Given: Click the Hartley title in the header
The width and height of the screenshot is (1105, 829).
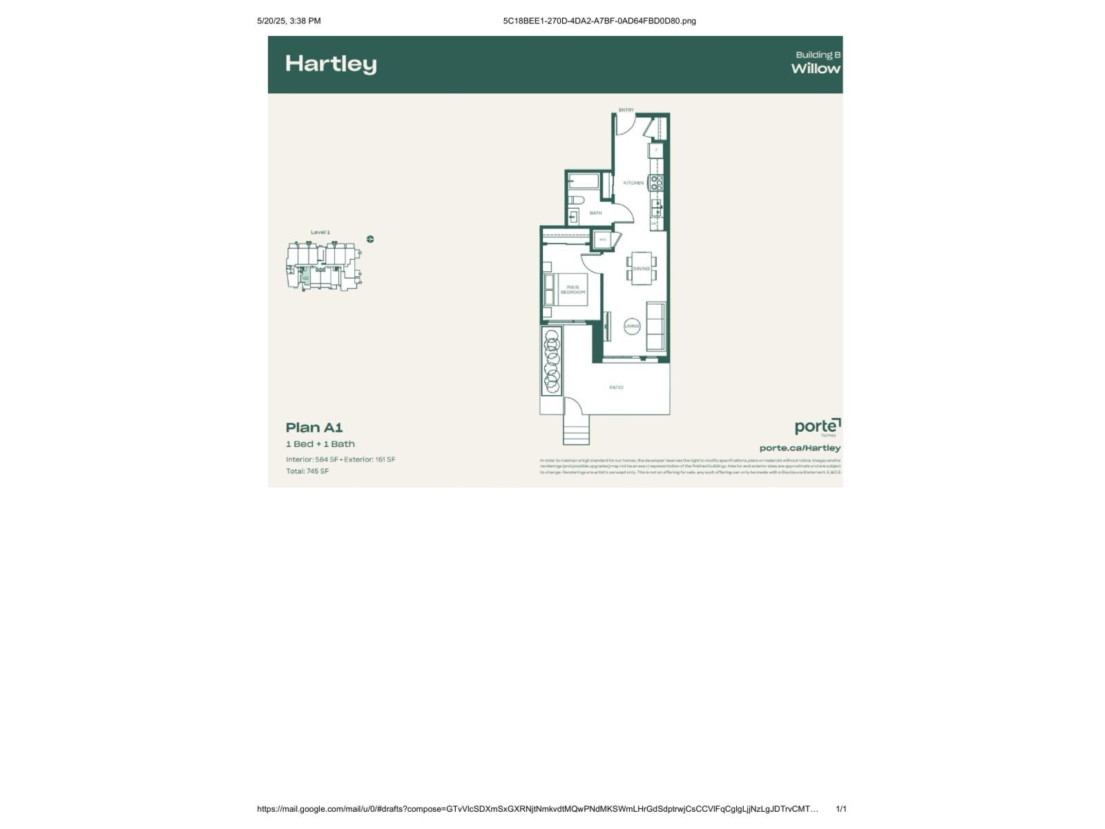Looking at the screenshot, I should point(331,64).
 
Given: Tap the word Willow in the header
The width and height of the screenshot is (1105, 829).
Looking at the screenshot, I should point(816,68).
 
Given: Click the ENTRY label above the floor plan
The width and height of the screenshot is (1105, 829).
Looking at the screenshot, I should point(626,110).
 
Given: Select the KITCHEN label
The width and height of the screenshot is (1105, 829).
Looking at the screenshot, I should point(633,183).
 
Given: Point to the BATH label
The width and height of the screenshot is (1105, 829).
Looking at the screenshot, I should point(595,213).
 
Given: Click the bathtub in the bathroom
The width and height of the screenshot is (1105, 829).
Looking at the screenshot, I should point(584,182).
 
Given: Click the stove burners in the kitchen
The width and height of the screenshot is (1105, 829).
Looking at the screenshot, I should point(656,182).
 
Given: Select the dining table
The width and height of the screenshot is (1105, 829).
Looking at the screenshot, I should point(642,268).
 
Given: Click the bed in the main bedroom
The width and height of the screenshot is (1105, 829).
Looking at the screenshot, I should point(566,289).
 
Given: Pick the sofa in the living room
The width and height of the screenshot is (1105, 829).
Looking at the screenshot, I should point(655,325).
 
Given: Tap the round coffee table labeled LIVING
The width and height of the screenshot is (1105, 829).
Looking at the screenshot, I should point(632,326).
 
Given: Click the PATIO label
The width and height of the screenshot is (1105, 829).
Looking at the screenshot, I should point(616,388).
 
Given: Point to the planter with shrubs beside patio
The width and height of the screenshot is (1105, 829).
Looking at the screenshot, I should point(551,361).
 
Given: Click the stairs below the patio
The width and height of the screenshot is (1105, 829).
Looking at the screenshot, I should point(576,431).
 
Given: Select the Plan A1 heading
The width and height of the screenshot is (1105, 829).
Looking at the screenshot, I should point(314,428).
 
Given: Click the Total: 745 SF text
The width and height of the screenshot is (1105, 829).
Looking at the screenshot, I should point(307,471).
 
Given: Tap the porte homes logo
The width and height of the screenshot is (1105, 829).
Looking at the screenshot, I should point(818,427).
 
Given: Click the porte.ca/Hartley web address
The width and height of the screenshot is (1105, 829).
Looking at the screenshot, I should point(800,448).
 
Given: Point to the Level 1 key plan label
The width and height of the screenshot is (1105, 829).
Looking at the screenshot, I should point(320,232).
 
